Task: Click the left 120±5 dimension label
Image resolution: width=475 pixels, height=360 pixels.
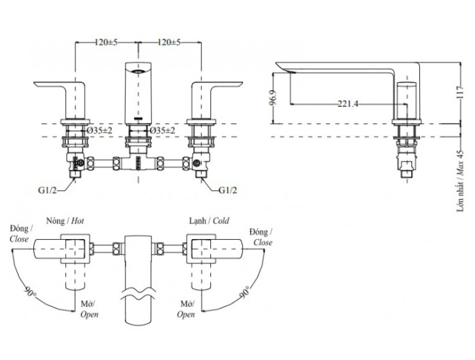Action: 107,42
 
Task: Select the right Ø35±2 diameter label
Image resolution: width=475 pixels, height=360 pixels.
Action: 163,130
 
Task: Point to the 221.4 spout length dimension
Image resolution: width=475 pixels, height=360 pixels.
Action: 347,104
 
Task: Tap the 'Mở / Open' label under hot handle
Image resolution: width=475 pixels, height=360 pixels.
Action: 90,309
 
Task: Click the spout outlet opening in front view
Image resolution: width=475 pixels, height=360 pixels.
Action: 138,69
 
